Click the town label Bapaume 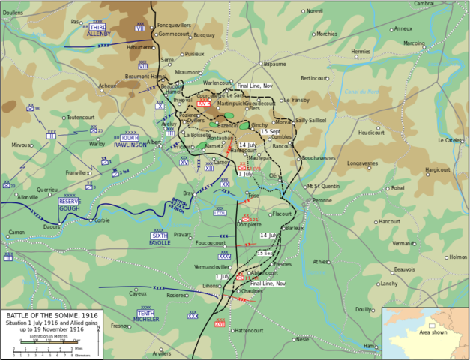pyautogui.click(x=274, y=64)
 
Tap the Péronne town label pyautogui.click(x=323, y=200)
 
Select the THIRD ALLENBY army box pyautogui.click(x=98, y=31)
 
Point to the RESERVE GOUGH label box pyautogui.click(x=69, y=204)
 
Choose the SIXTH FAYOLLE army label pyautogui.click(x=160, y=239)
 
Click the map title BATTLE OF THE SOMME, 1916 pyautogui.click(x=50, y=315)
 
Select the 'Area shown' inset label pyautogui.click(x=433, y=331)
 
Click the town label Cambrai pyautogui.click(x=445, y=4)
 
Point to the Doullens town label pyautogui.click(x=13, y=13)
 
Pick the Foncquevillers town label pyautogui.click(x=175, y=22)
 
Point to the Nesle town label pyautogui.click(x=302, y=339)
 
